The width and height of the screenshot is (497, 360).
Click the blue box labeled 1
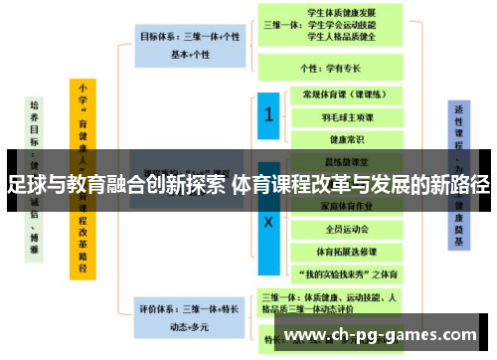pyautogui.click(x=268, y=116)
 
